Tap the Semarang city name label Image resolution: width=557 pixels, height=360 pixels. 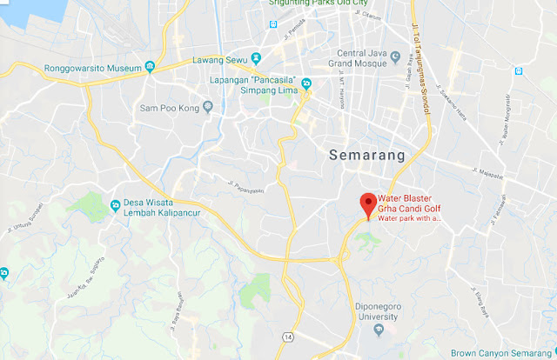click(x=368, y=156)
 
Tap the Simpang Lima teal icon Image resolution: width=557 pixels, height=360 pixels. click(x=307, y=84)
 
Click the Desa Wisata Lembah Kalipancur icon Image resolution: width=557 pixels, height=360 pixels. click(x=116, y=205)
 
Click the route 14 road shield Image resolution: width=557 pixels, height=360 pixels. click(x=286, y=336)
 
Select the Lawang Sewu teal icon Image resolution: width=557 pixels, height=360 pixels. click(x=257, y=59)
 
